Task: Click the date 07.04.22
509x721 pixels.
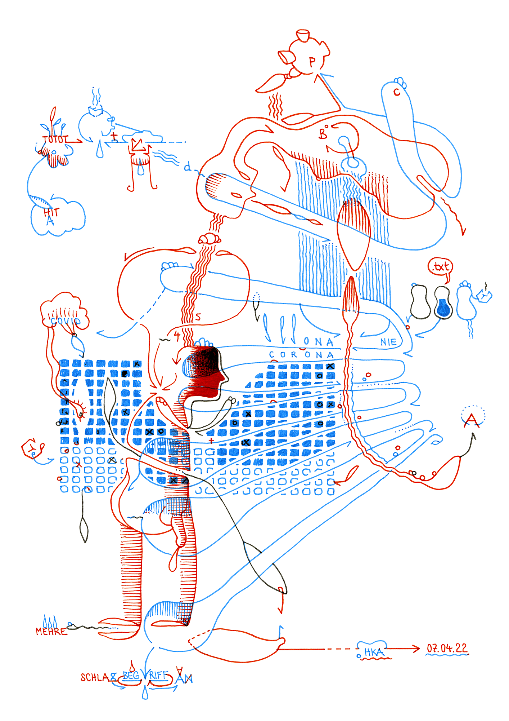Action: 447,648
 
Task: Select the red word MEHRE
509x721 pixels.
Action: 51,632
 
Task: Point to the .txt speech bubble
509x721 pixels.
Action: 441,267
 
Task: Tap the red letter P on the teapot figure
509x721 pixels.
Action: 312,62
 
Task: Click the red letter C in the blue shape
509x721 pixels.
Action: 397,92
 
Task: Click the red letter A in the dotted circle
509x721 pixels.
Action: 472,420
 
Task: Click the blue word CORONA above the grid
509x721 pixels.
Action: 302,355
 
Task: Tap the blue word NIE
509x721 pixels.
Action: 389,342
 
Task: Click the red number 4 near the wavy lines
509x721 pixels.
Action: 177,336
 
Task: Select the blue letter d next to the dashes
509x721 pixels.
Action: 187,167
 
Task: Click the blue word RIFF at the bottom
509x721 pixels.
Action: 159,675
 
